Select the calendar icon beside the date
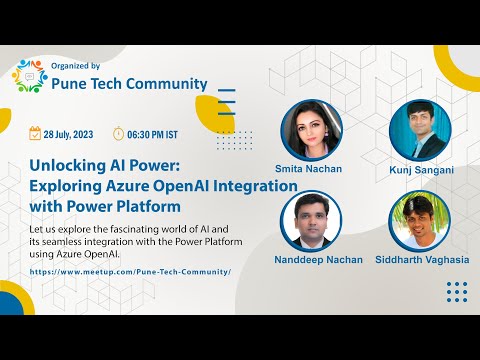34,133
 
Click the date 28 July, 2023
71,134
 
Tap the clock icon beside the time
118,133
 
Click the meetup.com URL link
130,271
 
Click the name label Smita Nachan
308,169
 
